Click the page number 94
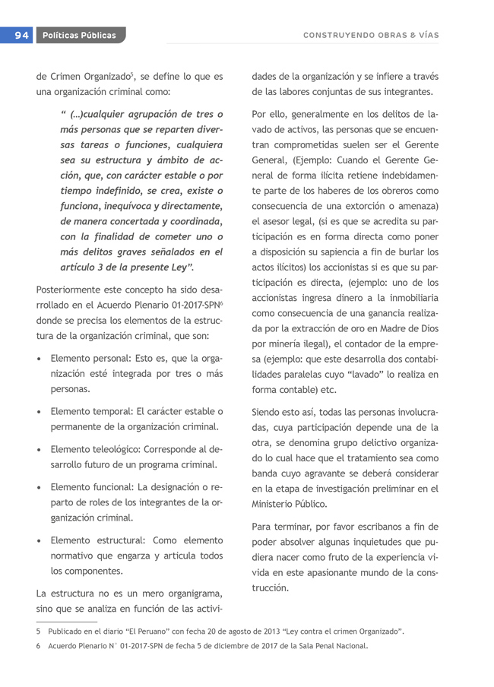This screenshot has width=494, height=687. pyautogui.click(x=20, y=35)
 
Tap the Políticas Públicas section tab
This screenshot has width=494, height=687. pyautogui.click(x=79, y=35)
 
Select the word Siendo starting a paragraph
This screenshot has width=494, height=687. pyautogui.click(x=268, y=413)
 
